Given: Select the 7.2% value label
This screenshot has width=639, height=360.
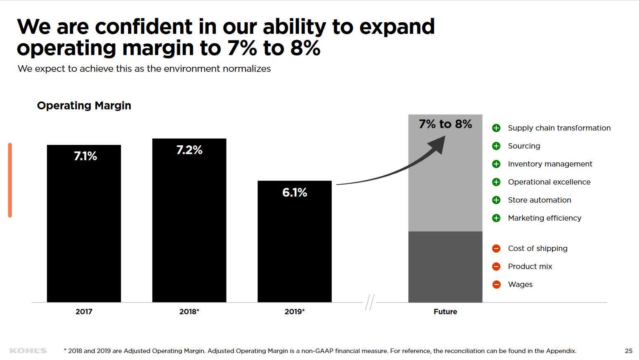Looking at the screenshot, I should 189,150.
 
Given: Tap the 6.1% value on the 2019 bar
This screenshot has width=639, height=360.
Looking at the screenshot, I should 295,192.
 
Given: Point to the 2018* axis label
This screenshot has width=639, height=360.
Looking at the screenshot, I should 189,312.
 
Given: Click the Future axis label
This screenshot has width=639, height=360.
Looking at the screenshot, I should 445,312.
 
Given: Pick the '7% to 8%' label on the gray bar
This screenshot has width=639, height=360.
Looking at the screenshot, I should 445,124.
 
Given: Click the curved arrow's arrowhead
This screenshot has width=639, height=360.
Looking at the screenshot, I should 438,144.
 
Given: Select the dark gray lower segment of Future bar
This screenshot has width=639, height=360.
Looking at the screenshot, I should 445,267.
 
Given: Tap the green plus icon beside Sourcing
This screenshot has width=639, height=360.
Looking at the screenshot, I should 496,146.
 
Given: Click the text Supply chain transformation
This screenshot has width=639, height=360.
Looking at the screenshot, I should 559,128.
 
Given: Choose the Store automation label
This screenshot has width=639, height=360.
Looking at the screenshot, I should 539,200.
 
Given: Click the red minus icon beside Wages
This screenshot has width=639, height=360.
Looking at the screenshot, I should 496,284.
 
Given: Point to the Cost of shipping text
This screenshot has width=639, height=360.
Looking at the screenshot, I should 538,249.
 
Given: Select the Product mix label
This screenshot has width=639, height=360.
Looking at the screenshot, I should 530,267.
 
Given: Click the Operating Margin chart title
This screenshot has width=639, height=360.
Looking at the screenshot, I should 84,106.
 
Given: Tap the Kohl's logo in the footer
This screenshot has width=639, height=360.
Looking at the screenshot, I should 28,351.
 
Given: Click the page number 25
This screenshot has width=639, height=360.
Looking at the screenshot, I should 628,351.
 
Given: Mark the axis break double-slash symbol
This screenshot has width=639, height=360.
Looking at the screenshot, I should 370,302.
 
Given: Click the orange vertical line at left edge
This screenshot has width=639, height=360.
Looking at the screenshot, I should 10,180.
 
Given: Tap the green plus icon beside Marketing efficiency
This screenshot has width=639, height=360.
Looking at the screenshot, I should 496,218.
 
